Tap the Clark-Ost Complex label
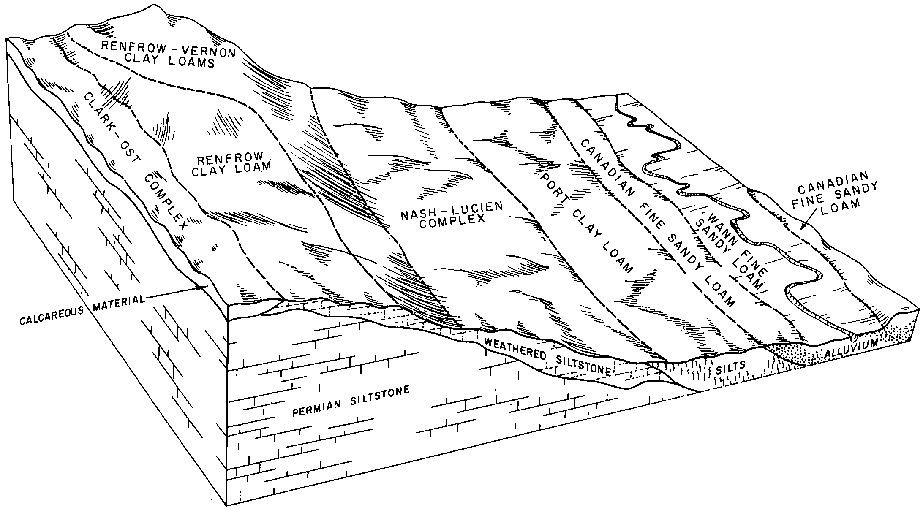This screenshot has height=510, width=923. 135,161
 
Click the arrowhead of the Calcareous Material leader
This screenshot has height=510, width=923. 203,288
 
